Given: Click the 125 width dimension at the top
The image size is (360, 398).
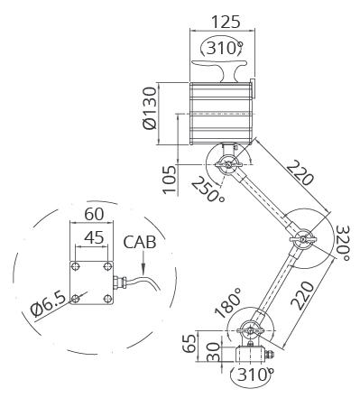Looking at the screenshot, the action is tap(226, 22).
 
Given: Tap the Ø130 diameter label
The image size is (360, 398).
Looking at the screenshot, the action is tap(150, 108).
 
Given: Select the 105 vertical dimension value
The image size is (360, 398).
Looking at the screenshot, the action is tap(170, 180).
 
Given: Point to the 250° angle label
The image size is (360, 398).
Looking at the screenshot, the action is tap(208, 190).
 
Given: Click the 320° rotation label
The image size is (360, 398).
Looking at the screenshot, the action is tap(343, 243).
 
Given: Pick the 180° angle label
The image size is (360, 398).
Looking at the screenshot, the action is tap(228, 302).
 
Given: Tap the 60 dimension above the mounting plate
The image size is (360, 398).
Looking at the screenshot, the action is tap(94, 214).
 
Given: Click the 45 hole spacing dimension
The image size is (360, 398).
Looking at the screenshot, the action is tap(94, 237).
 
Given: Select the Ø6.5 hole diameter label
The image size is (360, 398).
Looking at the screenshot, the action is tap(48, 304).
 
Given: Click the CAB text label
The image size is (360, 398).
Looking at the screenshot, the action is tap(140, 242).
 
